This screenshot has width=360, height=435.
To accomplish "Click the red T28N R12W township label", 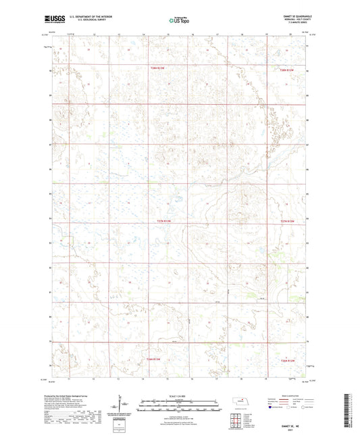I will click(288, 68).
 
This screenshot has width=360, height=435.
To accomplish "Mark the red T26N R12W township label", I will click(288, 360).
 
